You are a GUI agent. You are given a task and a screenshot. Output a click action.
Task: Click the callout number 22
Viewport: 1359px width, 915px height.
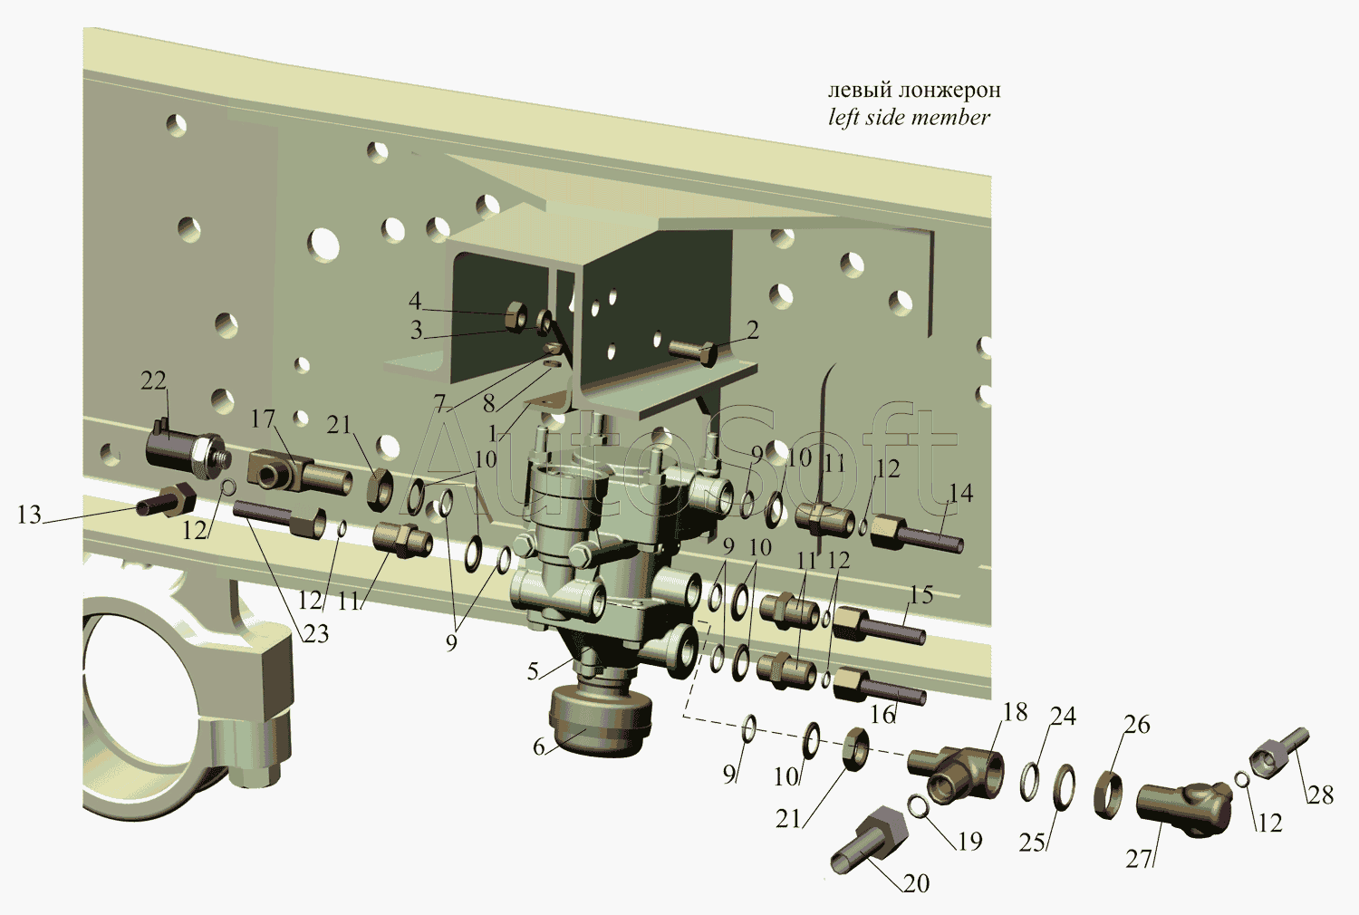click(x=153, y=381)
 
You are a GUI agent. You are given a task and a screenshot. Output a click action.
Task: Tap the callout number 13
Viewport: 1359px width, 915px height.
click(x=29, y=515)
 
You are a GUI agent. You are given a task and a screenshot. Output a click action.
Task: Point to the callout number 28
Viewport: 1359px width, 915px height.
click(x=1320, y=795)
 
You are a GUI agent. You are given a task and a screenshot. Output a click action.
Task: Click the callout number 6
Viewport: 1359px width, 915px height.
click(x=539, y=746)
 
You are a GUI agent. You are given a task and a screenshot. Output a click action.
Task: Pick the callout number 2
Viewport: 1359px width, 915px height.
click(x=752, y=330)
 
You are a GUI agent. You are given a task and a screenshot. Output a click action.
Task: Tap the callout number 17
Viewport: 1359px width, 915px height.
click(x=264, y=419)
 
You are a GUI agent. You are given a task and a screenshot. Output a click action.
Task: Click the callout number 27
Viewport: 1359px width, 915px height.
click(x=1139, y=859)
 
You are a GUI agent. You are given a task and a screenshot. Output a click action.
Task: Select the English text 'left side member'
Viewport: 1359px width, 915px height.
click(x=909, y=117)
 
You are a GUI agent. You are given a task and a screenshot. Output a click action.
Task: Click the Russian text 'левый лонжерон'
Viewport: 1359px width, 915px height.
click(x=914, y=91)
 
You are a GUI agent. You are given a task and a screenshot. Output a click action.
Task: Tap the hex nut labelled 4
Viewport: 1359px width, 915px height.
click(x=516, y=316)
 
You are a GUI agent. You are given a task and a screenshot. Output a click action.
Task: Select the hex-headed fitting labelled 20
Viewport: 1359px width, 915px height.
click(x=869, y=839)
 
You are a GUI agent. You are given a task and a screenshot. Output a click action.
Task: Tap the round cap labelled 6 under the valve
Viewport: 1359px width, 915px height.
click(x=600, y=723)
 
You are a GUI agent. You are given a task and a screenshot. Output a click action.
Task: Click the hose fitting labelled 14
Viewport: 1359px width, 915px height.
click(x=917, y=532)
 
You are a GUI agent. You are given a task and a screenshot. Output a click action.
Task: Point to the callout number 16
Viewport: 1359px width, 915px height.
click(x=883, y=715)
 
